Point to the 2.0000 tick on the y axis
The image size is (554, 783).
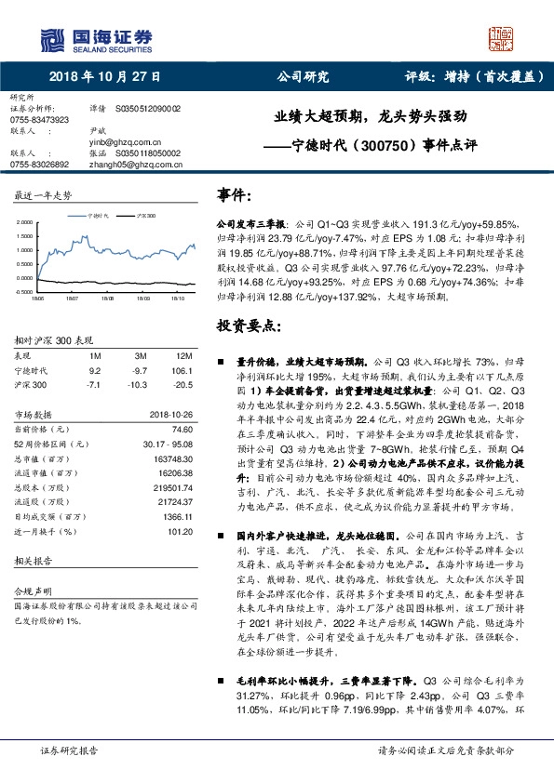click(x=24, y=223)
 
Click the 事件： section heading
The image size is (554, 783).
click(x=233, y=194)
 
